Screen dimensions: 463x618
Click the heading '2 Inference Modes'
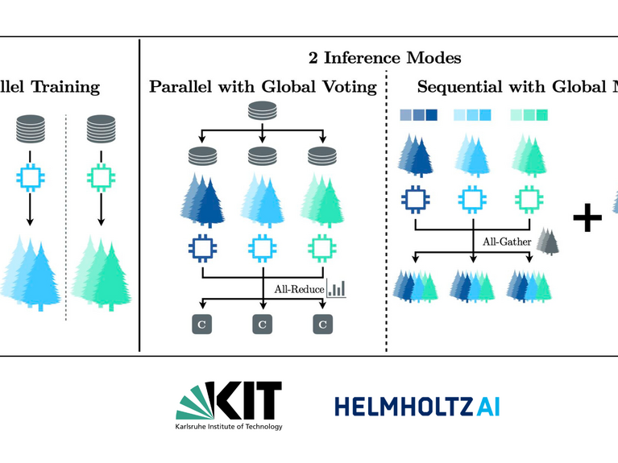coord(384,58)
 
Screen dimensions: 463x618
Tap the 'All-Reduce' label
coord(296,288)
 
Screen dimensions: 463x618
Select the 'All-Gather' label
coord(500,240)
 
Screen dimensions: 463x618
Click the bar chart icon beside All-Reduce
coord(336,287)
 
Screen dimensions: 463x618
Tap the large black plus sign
coord(587,217)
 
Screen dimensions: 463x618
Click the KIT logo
coord(230,400)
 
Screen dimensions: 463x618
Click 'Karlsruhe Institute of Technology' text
coord(229,427)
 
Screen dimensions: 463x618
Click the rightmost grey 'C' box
coord(322,324)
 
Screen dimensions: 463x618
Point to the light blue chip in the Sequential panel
coord(472,199)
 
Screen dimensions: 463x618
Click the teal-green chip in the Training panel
coord(101,176)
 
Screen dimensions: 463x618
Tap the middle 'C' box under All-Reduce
coord(263,324)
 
